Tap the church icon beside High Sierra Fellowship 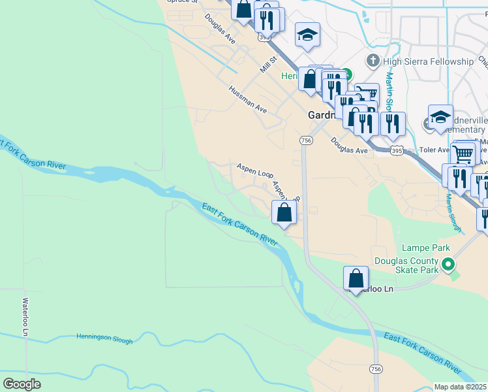373,61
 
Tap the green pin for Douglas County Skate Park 448,265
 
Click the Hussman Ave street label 248,99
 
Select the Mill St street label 268,64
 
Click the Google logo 22,384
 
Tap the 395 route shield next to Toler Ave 397,151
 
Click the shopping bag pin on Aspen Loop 284,212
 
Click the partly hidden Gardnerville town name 321,115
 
